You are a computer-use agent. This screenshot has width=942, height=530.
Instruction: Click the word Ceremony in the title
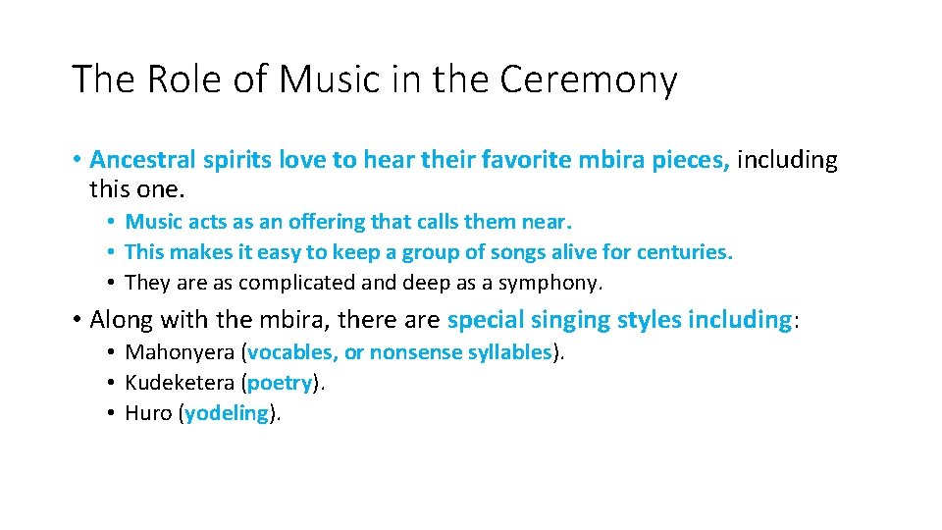[x=588, y=80]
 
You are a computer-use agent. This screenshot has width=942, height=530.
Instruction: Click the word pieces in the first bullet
[x=693, y=160]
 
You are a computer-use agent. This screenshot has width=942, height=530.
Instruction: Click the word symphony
[x=555, y=283]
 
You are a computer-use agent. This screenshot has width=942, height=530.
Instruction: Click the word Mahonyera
[x=180, y=352]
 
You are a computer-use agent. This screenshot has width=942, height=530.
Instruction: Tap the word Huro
[x=149, y=413]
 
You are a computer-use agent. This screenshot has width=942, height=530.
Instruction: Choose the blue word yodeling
[x=226, y=413]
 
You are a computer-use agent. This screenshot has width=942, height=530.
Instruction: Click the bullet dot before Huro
[x=113, y=413]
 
